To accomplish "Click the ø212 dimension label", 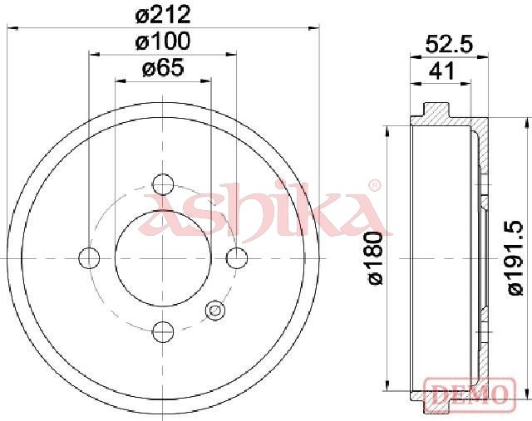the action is click(x=163, y=15).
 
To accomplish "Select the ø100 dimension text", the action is click(x=163, y=41).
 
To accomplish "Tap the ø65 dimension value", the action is click(x=163, y=67).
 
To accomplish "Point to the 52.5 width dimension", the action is click(x=449, y=44).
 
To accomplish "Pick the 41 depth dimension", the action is click(x=441, y=71).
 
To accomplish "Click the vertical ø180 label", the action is click(x=376, y=258).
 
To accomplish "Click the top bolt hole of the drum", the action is click(x=163, y=184).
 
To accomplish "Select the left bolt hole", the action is click(x=89, y=258).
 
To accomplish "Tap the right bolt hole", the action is click(x=237, y=258).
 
